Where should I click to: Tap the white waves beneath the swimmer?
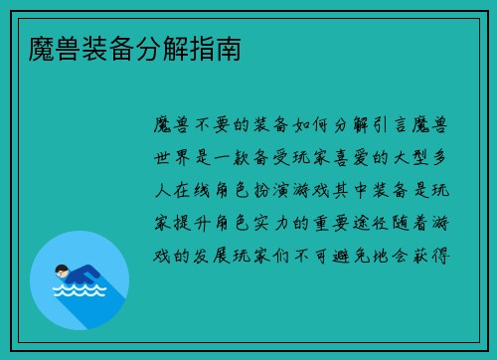[x=80, y=291]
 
